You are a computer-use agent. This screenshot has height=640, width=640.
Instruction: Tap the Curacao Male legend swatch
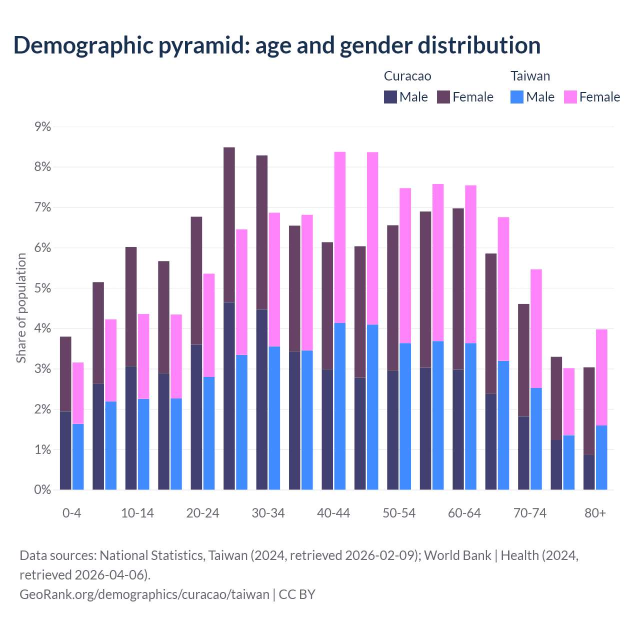point(390,97)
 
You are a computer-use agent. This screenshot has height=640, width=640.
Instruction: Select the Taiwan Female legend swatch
point(570,97)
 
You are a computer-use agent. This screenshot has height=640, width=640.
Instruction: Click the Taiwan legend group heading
point(530,76)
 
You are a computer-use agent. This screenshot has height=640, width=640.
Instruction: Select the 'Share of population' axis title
point(21,307)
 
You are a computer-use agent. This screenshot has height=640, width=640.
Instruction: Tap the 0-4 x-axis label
point(71,513)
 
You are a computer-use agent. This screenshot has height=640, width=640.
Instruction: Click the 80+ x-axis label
point(595,513)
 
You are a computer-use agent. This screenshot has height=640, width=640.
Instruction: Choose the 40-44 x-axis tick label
point(333,513)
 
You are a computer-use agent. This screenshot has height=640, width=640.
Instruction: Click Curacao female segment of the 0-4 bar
point(65,374)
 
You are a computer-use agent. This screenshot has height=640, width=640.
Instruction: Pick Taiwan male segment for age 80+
point(601,457)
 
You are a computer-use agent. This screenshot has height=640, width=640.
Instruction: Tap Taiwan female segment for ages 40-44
point(340,237)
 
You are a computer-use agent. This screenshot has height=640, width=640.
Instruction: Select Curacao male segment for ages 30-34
point(261,400)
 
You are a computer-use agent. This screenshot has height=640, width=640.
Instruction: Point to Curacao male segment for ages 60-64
point(458,430)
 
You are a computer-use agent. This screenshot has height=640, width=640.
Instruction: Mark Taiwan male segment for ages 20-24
point(209,433)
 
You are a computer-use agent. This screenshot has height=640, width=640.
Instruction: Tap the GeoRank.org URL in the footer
point(144,594)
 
